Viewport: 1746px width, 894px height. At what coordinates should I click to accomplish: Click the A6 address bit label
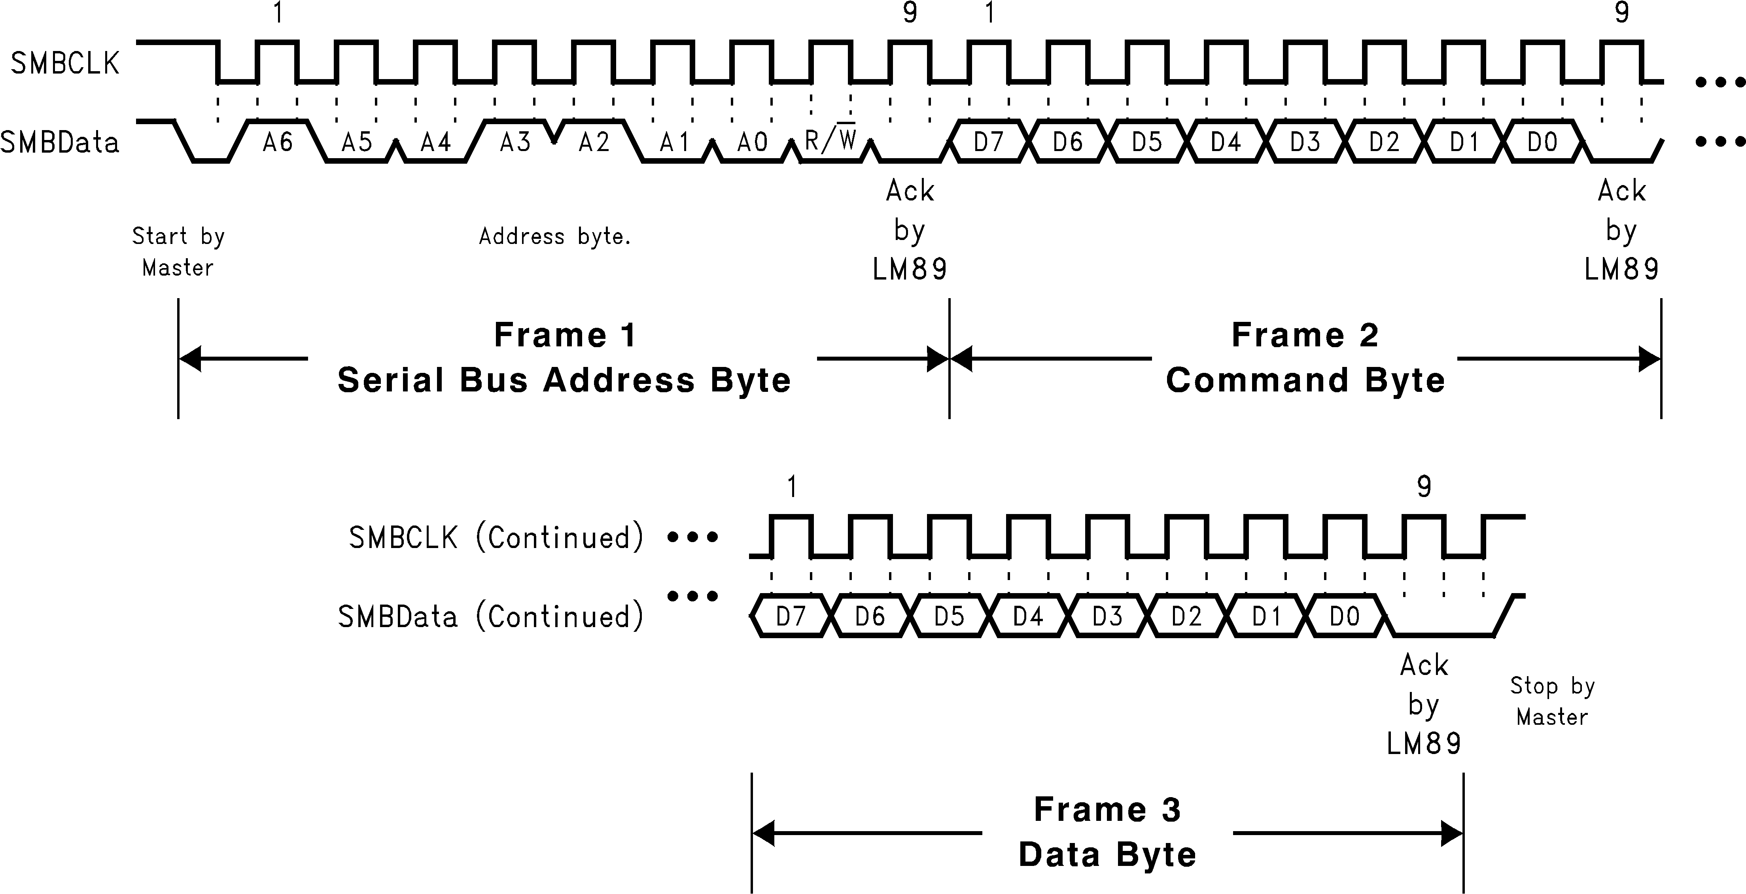coord(278,142)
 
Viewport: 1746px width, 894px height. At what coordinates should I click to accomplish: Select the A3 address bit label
coord(515,142)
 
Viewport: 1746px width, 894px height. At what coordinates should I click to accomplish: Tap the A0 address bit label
coord(752,142)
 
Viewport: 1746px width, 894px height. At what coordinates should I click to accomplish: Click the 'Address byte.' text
coord(554,236)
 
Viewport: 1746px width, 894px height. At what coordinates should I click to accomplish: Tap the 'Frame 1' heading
coord(565,335)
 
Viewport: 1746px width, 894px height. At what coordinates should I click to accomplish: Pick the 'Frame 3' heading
coord(1108,809)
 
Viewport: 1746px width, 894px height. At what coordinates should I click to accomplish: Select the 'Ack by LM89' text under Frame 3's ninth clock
coord(1424,705)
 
